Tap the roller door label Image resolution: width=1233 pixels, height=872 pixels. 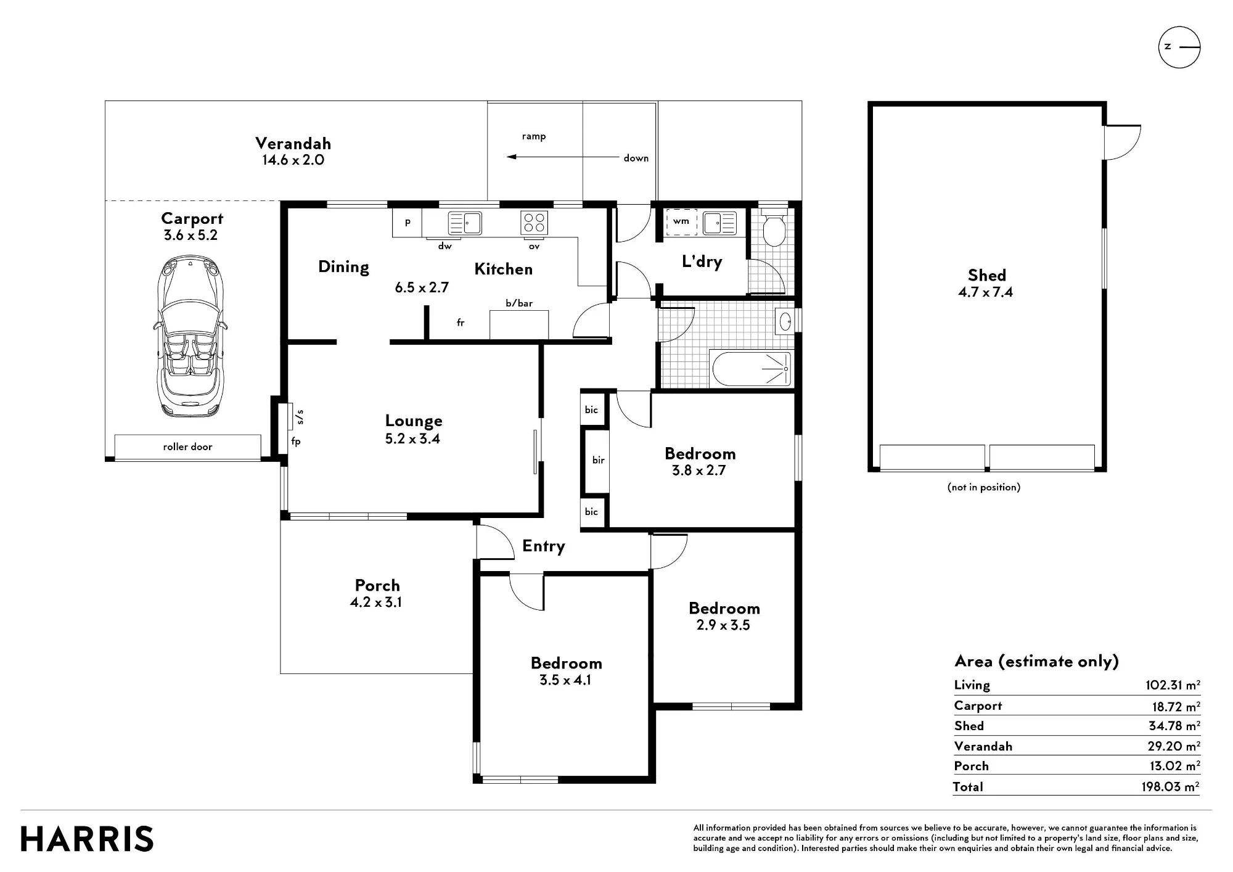pos(187,446)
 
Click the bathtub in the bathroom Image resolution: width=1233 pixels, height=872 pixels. pos(752,369)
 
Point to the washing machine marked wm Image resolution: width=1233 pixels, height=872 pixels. pos(681,221)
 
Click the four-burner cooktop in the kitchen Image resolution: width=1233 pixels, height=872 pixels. pos(535,223)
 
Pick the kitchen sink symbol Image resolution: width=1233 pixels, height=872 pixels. pos(465,223)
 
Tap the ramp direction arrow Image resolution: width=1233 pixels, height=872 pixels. pos(563,157)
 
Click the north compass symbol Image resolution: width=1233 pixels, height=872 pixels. pos(1179,47)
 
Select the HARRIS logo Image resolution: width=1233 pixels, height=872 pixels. pos(87,839)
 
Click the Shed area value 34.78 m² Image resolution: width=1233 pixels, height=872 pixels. pos(1174,726)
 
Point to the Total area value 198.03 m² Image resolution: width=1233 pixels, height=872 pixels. pos(1170,786)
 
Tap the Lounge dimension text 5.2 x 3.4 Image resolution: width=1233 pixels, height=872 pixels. pos(412,439)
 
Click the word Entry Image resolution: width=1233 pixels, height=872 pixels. pos(544,546)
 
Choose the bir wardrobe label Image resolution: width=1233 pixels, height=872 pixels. pos(599,460)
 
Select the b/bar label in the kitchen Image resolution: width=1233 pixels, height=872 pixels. pos(519,303)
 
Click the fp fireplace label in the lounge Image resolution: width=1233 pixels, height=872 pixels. pos(296,442)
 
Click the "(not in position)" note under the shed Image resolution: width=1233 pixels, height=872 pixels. pos(984,487)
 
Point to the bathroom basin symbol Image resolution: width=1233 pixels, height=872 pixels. pos(785,321)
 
